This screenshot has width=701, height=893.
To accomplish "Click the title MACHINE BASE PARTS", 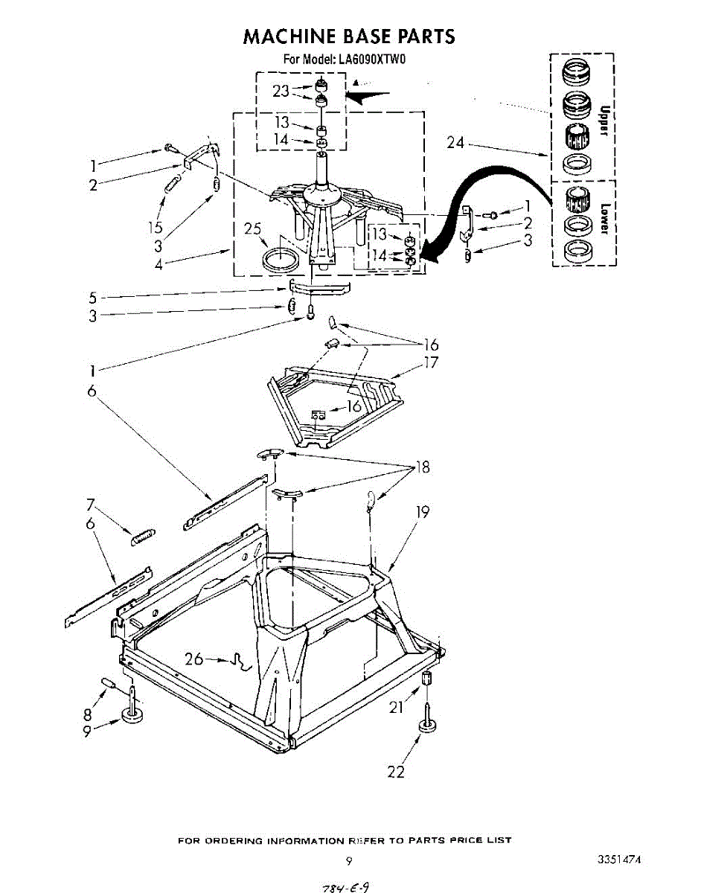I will [x=349, y=36].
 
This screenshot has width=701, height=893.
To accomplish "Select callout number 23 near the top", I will [x=281, y=92].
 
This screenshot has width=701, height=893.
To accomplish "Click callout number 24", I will [x=456, y=144].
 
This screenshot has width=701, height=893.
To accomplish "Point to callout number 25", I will [x=254, y=229].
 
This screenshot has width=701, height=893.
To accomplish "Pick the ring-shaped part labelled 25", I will [x=282, y=260].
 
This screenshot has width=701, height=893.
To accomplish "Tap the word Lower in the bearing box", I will [x=604, y=218].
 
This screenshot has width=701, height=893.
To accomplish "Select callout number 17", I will [x=431, y=363].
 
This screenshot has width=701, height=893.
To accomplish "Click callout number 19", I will [x=423, y=512].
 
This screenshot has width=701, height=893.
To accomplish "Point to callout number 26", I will [x=194, y=658].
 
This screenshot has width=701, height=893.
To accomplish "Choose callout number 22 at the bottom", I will [x=396, y=772].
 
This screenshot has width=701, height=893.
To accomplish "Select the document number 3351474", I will [x=618, y=860].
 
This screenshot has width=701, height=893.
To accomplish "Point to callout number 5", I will [x=93, y=297].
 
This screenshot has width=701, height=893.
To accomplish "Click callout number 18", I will [x=423, y=468].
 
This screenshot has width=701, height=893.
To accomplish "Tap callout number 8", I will [x=89, y=713].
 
